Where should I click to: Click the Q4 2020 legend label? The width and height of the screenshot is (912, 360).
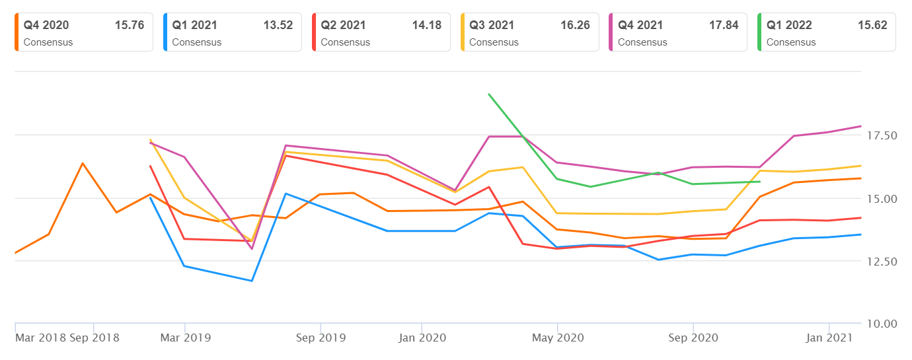[x=46, y=25]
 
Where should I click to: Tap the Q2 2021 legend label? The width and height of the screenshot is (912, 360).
[x=343, y=25]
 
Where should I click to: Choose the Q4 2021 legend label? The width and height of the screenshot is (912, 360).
[x=640, y=25]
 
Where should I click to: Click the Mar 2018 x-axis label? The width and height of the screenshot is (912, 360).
[x=40, y=338]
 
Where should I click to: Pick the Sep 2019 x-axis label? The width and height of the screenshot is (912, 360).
[x=321, y=338]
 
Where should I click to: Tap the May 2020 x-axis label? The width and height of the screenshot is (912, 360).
[x=557, y=338]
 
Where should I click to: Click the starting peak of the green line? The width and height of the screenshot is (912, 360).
[x=489, y=94]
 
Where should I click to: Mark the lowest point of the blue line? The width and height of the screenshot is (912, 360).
[x=252, y=281]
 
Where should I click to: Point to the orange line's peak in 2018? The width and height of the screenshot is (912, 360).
[x=83, y=163]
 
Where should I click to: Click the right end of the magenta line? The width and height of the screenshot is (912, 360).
[x=860, y=126]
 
